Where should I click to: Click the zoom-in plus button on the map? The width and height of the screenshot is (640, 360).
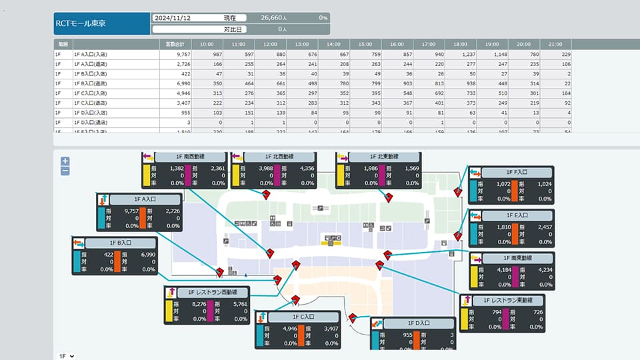(x=65, y=161)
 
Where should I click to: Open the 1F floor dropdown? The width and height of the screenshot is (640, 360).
(x=66, y=356)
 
